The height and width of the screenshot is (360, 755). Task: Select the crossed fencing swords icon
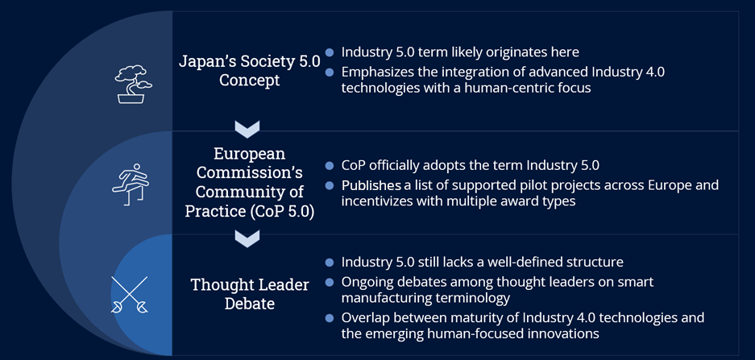(x=130, y=295)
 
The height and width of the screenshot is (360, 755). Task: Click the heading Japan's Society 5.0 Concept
(x=249, y=70)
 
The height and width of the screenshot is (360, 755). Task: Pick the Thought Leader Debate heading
(x=248, y=294)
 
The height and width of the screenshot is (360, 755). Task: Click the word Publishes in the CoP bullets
(x=371, y=185)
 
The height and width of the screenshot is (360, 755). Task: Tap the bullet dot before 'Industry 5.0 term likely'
(x=330, y=52)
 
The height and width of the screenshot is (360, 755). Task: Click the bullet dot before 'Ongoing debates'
(x=330, y=282)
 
